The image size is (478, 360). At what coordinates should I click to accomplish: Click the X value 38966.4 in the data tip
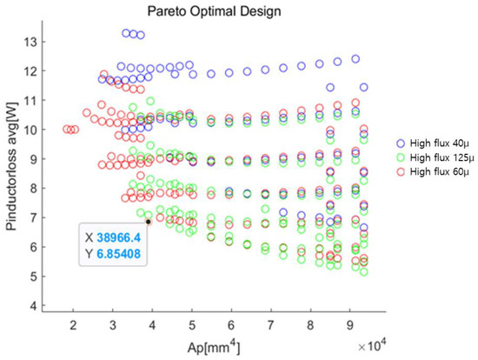121,237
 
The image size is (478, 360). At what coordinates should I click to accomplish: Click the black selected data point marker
149,222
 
